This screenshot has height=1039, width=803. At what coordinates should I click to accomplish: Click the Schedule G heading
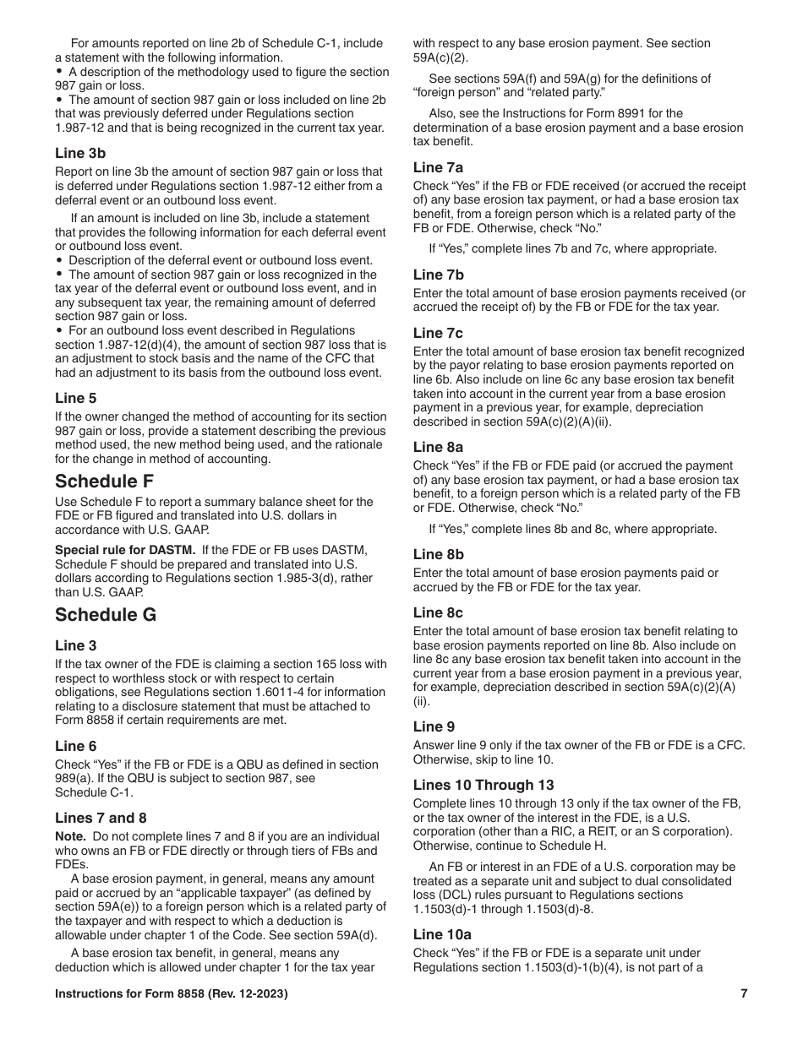(x=106, y=614)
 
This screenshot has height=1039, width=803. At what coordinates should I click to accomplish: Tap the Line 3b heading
(x=80, y=153)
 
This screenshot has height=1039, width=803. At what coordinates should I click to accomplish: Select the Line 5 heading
(x=75, y=398)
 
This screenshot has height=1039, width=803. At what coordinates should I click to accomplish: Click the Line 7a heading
(x=438, y=167)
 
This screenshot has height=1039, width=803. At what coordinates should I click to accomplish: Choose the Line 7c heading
(x=438, y=333)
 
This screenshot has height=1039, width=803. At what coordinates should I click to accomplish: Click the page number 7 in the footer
(x=744, y=994)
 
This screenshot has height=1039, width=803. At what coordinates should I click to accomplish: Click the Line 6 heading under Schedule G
(x=75, y=746)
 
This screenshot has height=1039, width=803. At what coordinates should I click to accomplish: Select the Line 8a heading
(x=438, y=447)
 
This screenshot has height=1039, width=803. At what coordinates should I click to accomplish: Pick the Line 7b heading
(x=438, y=275)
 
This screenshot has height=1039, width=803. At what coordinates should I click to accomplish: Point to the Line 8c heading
(x=438, y=612)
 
